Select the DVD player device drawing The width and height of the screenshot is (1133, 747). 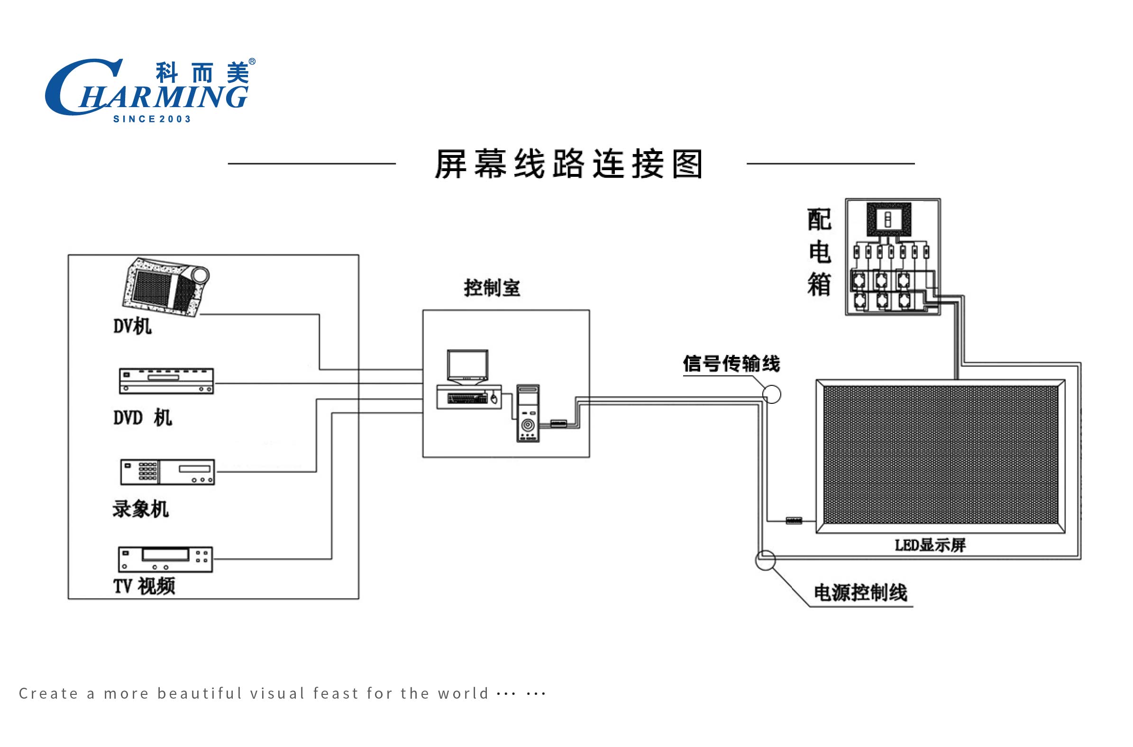pyautogui.click(x=166, y=382)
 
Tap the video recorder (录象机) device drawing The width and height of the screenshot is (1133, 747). pyautogui.click(x=167, y=472)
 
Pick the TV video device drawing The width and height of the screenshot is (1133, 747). pyautogui.click(x=165, y=559)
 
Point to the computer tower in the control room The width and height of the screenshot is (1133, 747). pyautogui.click(x=528, y=413)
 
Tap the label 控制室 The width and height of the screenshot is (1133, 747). pyautogui.click(x=492, y=288)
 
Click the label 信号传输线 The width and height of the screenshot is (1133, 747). pyautogui.click(x=731, y=364)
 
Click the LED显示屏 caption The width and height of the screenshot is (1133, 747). pyautogui.click(x=930, y=545)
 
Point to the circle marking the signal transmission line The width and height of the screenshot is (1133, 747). pyautogui.click(x=772, y=394)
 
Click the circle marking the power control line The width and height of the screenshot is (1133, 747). pyautogui.click(x=766, y=560)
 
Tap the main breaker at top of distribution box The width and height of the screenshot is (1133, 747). pyautogui.click(x=888, y=219)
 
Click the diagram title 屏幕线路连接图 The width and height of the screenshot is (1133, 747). pyautogui.click(x=569, y=164)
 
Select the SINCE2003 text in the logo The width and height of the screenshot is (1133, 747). pyautogui.click(x=152, y=119)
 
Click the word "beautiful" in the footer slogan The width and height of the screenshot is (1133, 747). pyautogui.click(x=200, y=693)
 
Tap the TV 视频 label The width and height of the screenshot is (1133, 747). pyautogui.click(x=145, y=586)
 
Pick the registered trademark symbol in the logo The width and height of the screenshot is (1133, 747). pyautogui.click(x=252, y=62)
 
